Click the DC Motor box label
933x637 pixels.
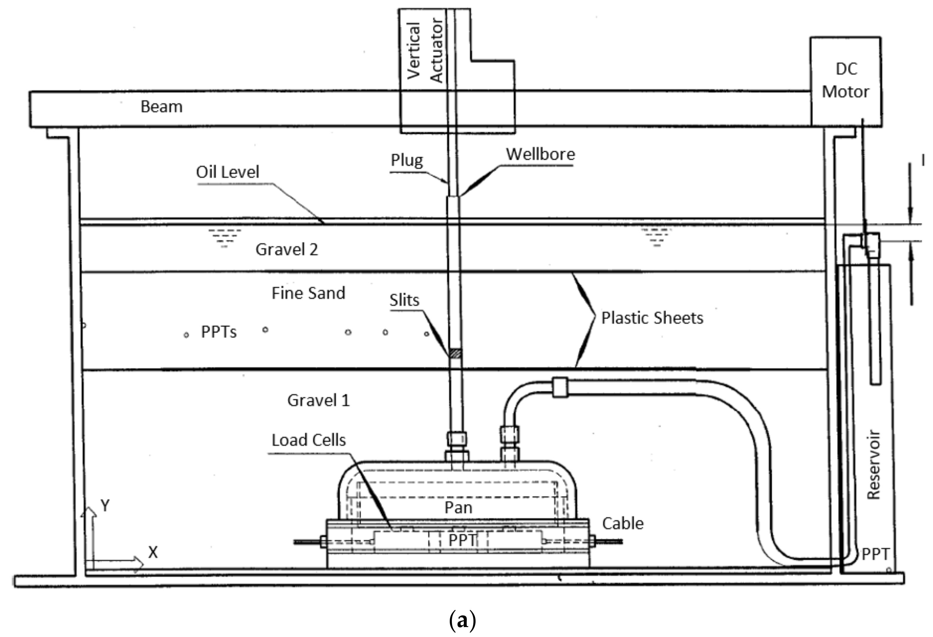tap(846, 80)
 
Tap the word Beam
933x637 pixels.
tap(161, 107)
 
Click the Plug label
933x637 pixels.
tap(407, 160)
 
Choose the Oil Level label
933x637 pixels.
tap(227, 172)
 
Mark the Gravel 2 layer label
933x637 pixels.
tap(287, 250)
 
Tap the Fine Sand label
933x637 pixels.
tap(308, 293)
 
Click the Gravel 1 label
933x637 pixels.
tap(318, 401)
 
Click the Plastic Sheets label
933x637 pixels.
tap(652, 318)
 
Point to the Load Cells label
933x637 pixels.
tap(308, 440)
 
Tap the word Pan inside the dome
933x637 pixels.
tap(458, 508)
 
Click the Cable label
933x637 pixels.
tap(623, 524)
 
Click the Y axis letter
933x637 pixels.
tap(105, 506)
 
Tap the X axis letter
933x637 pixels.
tap(153, 553)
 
